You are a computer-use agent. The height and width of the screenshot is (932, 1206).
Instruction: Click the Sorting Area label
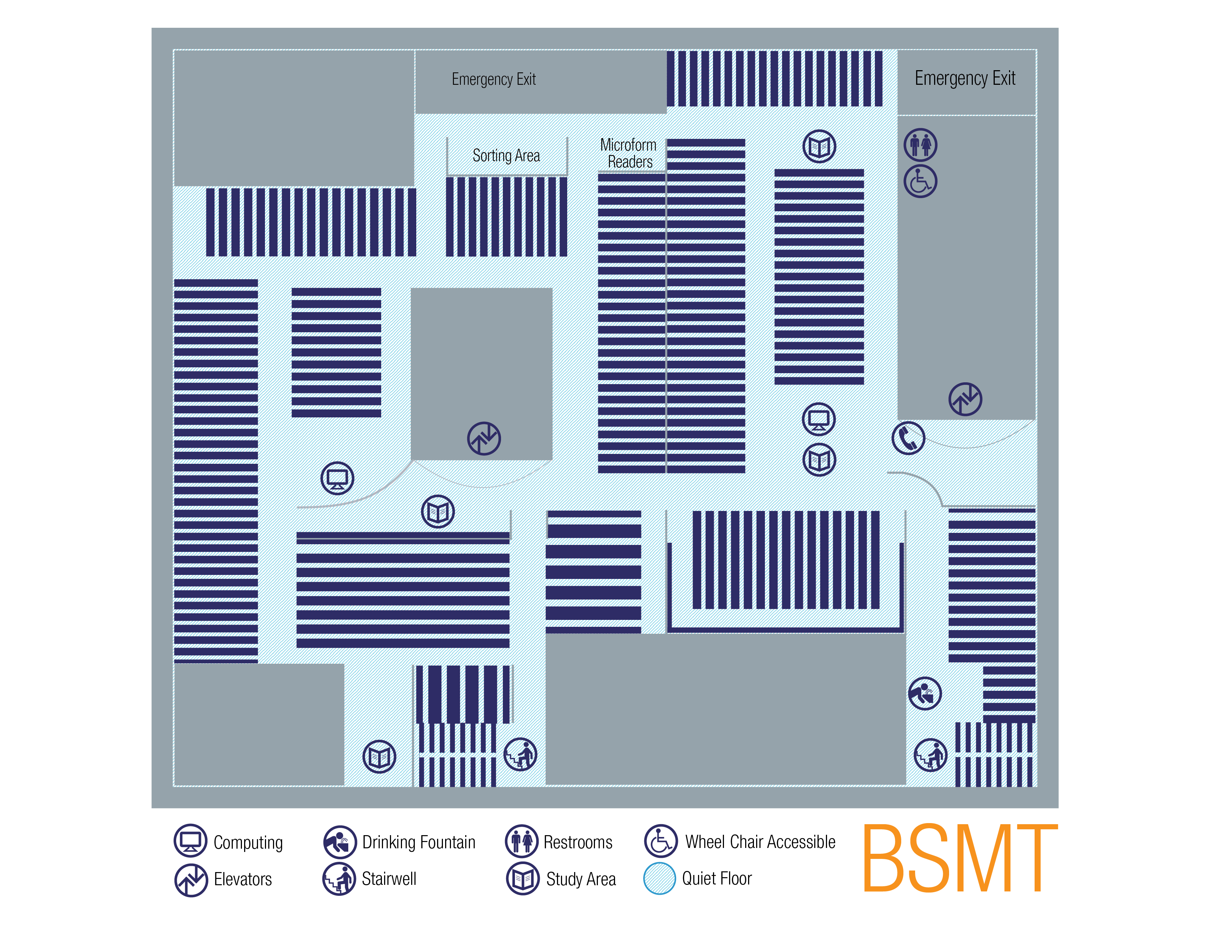coord(506,156)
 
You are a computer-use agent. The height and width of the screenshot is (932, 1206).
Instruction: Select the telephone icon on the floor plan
coord(908,438)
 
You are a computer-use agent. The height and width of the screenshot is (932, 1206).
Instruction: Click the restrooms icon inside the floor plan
coord(920,145)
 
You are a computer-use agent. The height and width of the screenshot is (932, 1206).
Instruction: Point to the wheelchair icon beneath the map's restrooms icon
coord(920,181)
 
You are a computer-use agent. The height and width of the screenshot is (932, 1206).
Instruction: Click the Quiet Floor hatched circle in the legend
coord(659,878)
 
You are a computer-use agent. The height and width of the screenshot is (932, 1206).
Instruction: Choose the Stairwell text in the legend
coord(389,878)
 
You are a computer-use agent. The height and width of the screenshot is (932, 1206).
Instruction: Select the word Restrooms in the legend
coord(577,842)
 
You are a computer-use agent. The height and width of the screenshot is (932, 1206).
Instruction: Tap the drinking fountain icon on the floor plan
coord(924,693)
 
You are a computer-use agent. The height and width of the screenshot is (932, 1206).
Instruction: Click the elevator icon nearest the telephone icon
coord(965,399)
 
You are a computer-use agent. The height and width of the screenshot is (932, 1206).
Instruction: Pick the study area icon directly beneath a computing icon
coord(819,459)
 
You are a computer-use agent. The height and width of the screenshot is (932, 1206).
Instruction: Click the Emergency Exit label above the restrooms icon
coord(965,79)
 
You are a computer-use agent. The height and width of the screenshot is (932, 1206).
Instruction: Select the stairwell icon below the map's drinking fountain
coord(930,755)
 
